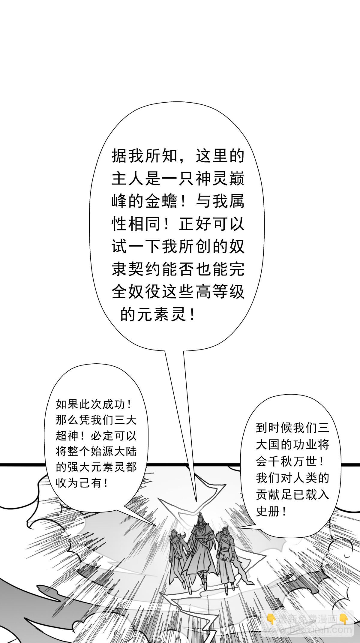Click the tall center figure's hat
click(199, 515)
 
